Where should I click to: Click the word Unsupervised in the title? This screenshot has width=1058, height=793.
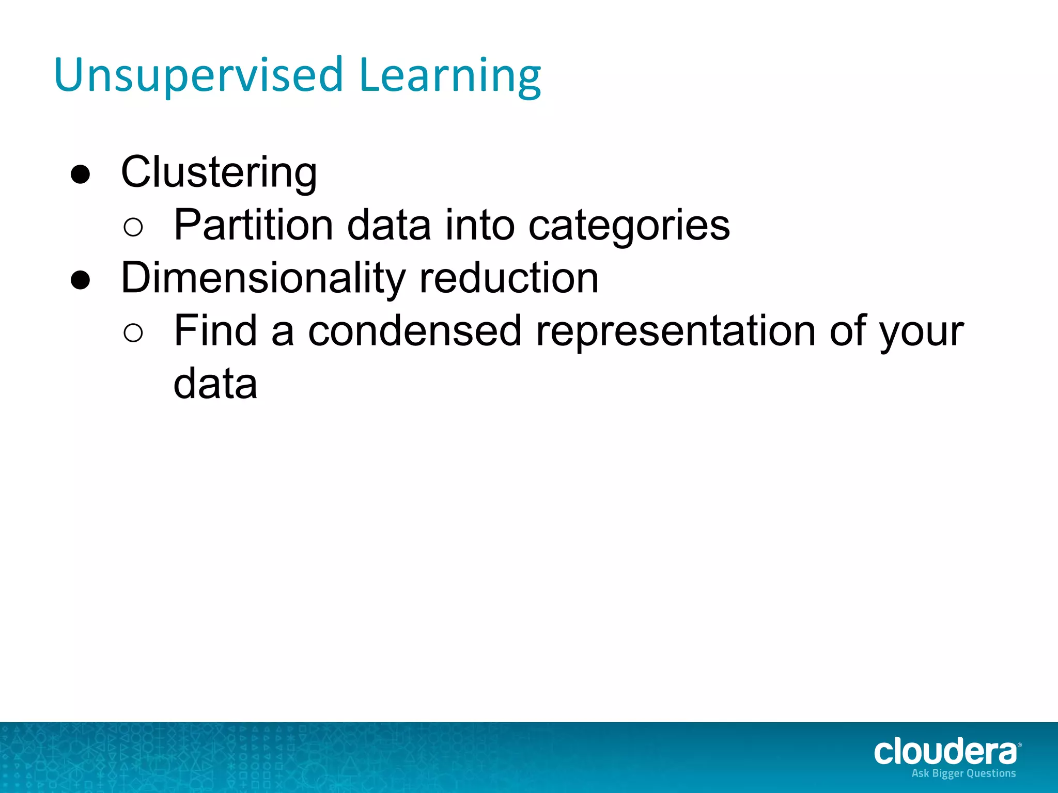tap(198, 75)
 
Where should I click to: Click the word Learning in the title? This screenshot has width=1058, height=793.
tap(449, 75)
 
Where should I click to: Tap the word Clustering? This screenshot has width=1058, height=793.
tap(219, 172)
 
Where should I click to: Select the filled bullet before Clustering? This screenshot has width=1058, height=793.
tap(81, 175)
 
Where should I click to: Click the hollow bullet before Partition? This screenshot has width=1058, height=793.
tap(133, 228)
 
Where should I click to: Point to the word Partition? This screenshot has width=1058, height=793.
tap(253, 225)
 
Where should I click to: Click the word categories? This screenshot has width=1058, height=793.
tap(629, 226)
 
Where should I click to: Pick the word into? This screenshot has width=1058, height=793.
tap(480, 225)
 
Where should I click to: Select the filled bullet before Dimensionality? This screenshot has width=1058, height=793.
tap(81, 281)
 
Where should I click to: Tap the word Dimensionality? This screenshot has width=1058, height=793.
tap(263, 279)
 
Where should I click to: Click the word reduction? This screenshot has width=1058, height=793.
tap(509, 279)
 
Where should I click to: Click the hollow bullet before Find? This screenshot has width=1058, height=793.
tap(133, 333)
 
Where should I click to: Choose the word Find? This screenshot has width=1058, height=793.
tap(215, 331)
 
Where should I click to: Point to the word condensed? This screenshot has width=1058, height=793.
tap(415, 331)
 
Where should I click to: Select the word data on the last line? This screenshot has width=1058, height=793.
tap(215, 384)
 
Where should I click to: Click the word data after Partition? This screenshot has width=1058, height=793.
tap(389, 225)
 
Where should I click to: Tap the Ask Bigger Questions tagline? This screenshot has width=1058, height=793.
tap(963, 773)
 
